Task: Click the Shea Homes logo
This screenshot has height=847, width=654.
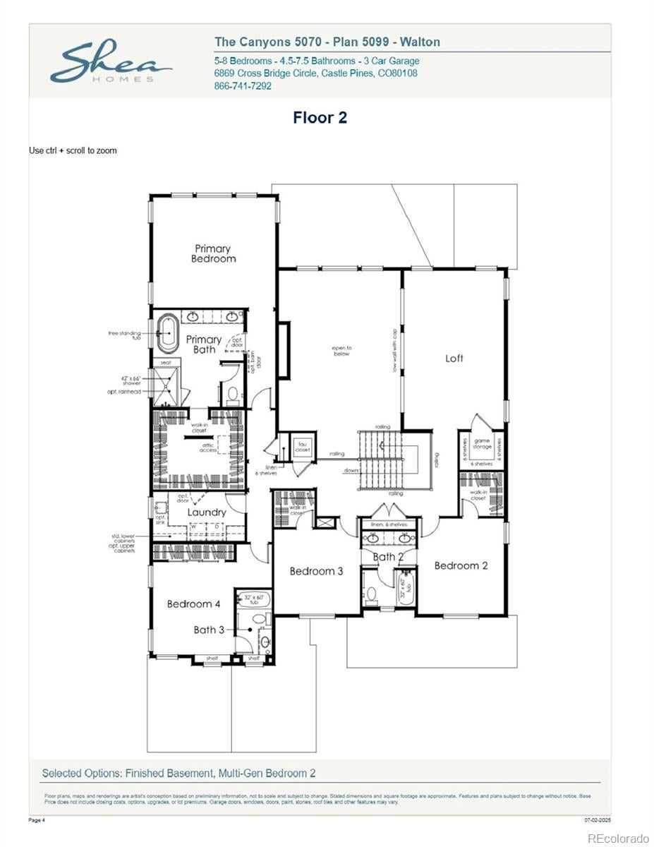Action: [111, 64]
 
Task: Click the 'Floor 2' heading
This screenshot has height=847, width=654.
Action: [320, 118]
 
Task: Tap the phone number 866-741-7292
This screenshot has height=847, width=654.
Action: [242, 86]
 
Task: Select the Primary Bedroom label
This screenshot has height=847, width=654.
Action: [213, 253]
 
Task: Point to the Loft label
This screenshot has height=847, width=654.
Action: [454, 359]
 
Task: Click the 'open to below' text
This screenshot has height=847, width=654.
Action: [342, 351]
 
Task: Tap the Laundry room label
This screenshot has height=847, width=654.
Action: [207, 512]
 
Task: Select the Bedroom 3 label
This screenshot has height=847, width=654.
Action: [316, 571]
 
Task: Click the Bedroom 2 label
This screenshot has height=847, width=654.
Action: [461, 565]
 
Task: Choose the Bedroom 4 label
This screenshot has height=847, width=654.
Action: [193, 604]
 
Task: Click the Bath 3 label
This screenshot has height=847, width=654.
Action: [209, 630]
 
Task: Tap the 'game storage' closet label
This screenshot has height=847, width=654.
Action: [482, 444]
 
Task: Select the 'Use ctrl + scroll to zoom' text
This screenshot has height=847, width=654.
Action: [73, 150]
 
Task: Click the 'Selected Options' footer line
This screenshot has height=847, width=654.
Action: [178, 773]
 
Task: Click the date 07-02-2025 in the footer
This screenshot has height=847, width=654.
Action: [597, 820]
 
